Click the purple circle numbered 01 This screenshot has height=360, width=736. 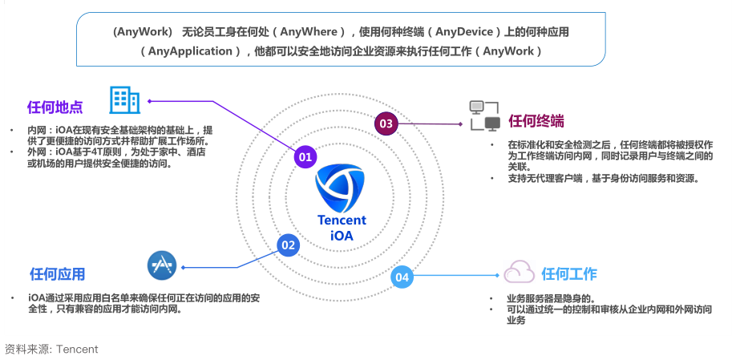click(305, 157)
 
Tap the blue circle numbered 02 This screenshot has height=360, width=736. click(288, 245)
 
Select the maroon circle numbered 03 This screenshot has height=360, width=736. click(386, 123)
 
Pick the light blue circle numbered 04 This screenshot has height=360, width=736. click(402, 277)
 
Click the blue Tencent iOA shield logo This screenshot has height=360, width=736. click(341, 186)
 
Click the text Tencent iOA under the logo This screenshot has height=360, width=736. click(342, 229)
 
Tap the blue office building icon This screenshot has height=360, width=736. click(124, 100)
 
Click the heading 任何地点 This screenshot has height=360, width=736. click(55, 107)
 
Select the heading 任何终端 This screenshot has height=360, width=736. click(536, 121)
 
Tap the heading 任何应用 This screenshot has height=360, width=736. click(57, 274)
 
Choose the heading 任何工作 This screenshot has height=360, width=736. click(569, 274)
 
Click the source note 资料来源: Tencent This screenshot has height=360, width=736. click(51, 349)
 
